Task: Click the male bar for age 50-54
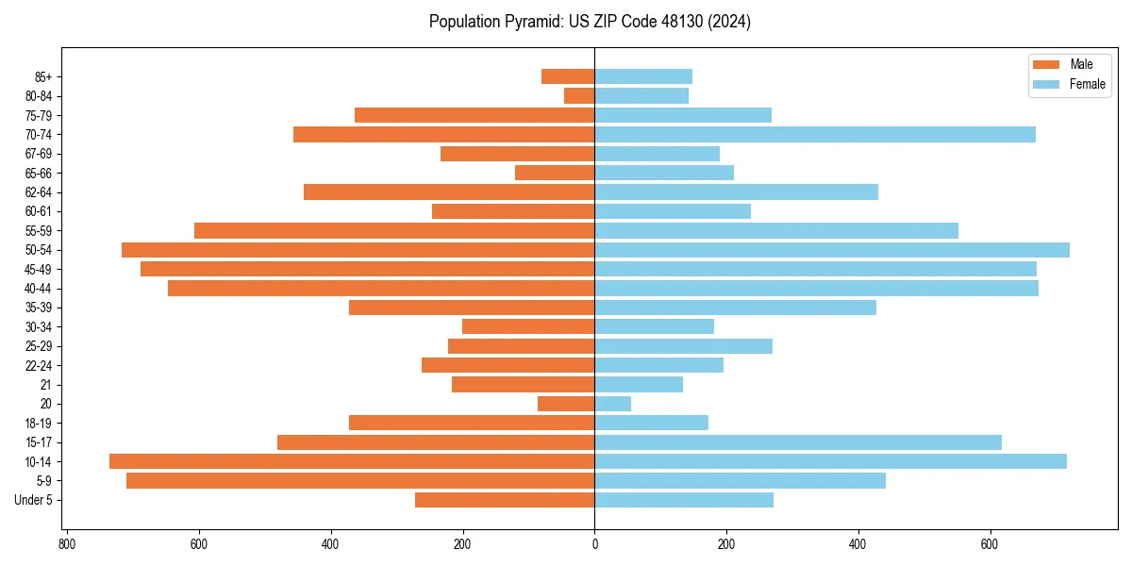(358, 250)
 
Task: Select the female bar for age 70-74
(815, 135)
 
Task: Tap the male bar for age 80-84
(579, 96)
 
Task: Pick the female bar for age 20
(612, 404)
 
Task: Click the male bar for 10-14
(352, 461)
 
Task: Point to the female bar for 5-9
(740, 481)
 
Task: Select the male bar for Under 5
(505, 500)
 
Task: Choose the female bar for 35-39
(735, 308)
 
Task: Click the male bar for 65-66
(555, 173)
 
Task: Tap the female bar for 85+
(643, 76)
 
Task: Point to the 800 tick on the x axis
(67, 544)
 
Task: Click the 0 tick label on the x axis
(594, 544)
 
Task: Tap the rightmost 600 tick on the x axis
(990, 544)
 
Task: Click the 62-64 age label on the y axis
(39, 192)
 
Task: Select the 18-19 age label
(39, 424)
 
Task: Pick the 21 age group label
(45, 385)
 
